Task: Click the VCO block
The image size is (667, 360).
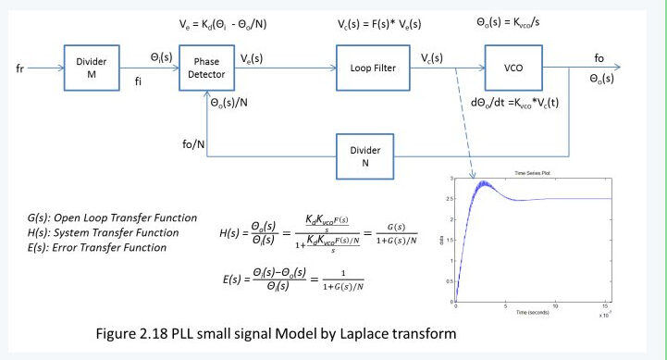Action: click(x=515, y=68)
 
